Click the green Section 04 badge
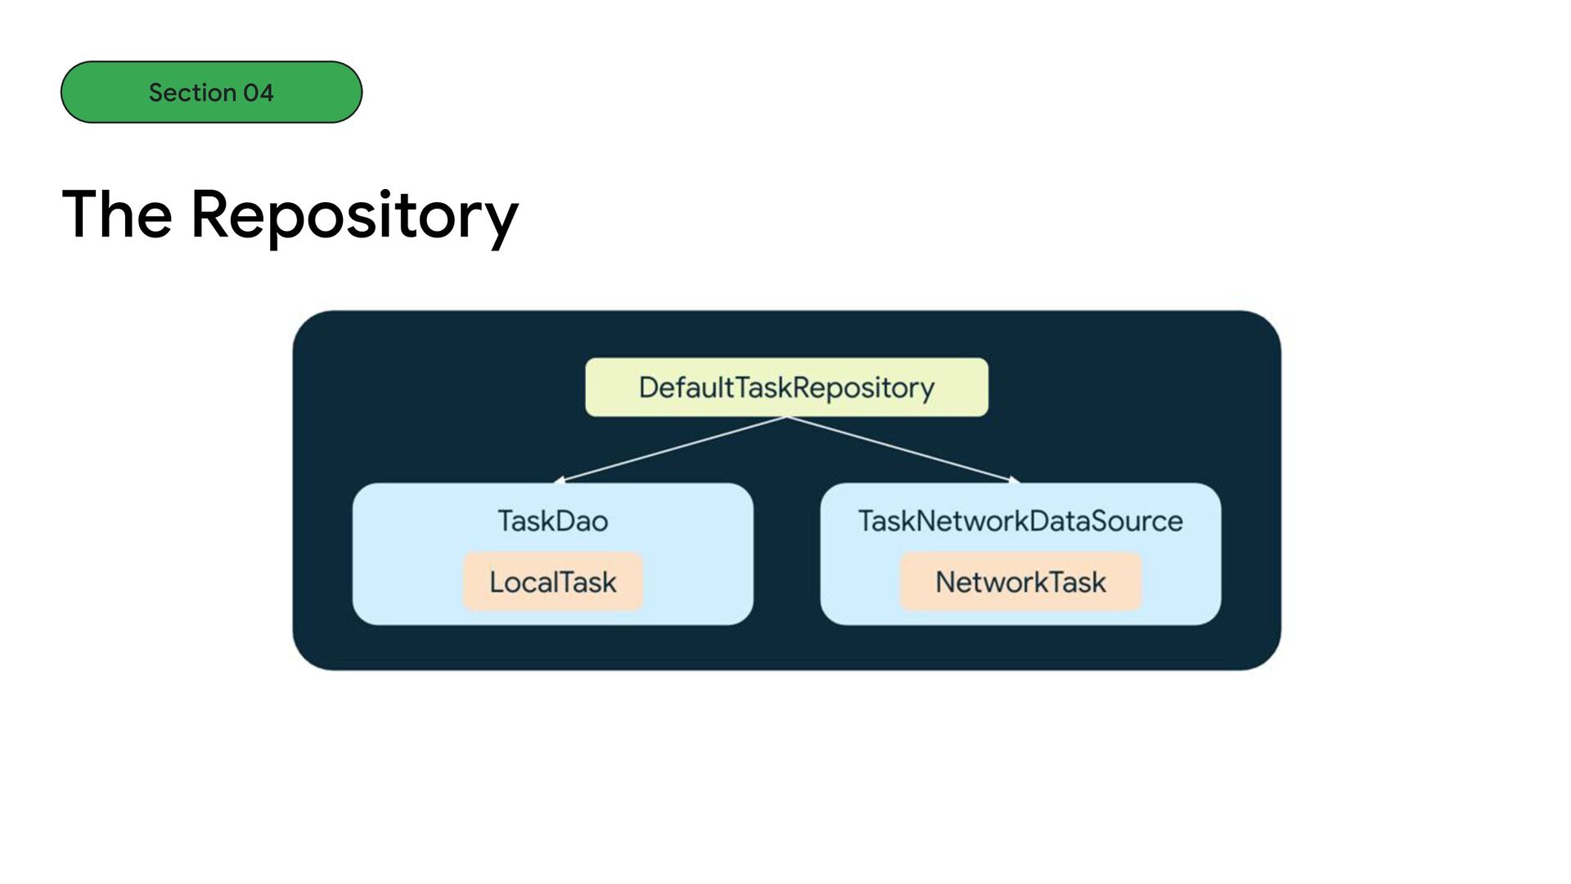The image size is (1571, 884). [x=211, y=92]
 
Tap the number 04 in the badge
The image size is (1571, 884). [x=259, y=92]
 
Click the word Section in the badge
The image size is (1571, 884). [x=193, y=92]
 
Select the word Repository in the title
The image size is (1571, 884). [x=354, y=216]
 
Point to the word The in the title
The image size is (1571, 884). [x=117, y=214]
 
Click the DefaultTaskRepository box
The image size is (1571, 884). [x=786, y=387]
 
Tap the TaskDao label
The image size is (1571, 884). [x=553, y=521]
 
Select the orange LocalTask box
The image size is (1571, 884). [x=553, y=582]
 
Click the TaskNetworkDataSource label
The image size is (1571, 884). [x=1020, y=521]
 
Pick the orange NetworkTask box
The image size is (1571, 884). [x=1020, y=582]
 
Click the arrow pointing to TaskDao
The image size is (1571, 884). [x=670, y=449]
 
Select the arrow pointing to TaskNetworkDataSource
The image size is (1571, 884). [x=903, y=449]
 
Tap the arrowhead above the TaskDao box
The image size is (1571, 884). [x=559, y=480]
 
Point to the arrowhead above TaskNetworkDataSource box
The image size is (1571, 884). [x=1015, y=480]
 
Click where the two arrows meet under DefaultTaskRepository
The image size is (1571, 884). [x=787, y=417]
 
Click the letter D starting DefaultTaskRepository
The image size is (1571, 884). [x=649, y=387]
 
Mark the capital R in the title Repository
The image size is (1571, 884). [x=211, y=214]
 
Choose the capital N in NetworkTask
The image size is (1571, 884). [x=946, y=582]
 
